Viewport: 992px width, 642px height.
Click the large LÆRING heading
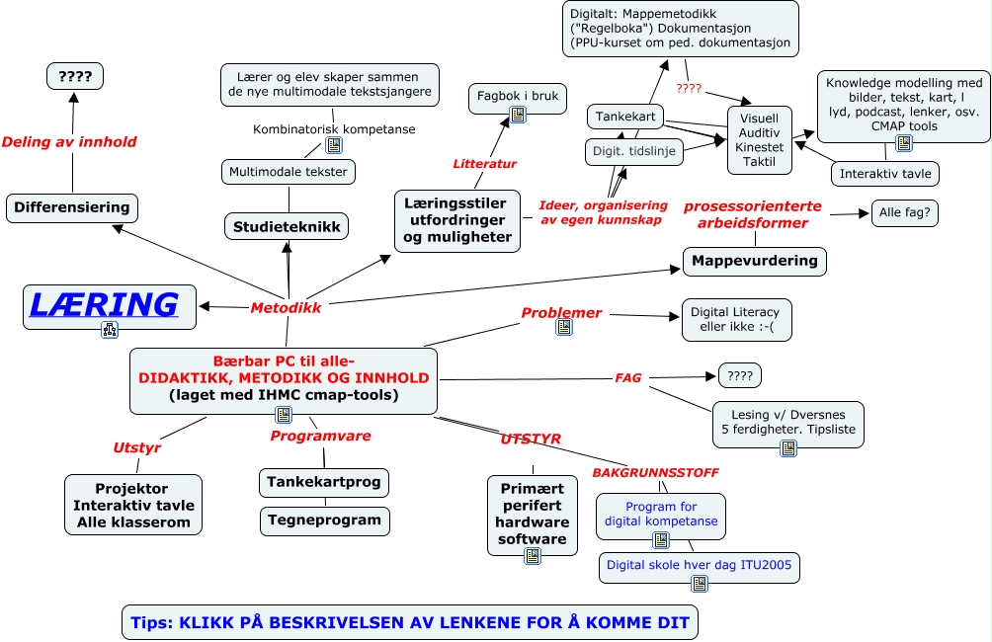click(x=104, y=304)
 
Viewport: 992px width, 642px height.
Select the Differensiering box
click(x=71, y=207)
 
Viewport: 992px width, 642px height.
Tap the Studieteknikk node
click(x=287, y=227)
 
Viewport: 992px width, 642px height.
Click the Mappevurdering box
click(x=755, y=261)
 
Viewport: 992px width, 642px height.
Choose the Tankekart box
click(x=624, y=118)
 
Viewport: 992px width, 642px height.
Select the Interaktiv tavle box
click(x=884, y=174)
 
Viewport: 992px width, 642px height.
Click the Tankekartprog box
click(x=324, y=483)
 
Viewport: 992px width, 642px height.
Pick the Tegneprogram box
click(x=324, y=520)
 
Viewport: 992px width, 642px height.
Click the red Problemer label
click(x=561, y=313)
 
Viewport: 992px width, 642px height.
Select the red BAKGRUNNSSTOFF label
click(x=655, y=472)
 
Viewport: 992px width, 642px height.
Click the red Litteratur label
click(x=484, y=164)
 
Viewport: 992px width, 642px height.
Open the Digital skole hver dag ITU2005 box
click(x=700, y=566)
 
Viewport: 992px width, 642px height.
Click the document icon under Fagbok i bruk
click(x=518, y=115)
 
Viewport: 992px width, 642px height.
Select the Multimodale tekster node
click(x=288, y=171)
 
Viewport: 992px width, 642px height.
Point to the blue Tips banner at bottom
click(x=409, y=622)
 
